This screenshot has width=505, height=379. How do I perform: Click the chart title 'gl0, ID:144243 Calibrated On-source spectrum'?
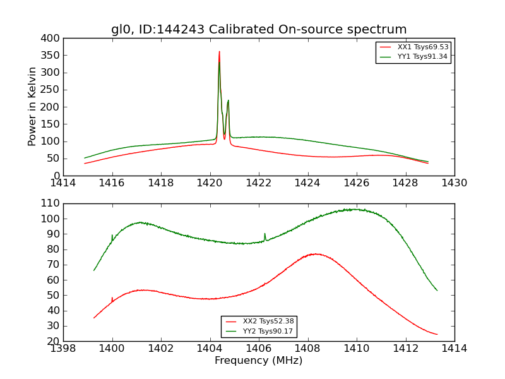(259, 30)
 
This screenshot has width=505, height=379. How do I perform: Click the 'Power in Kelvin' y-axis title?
(32, 107)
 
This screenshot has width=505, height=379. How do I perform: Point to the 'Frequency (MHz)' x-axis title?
(259, 361)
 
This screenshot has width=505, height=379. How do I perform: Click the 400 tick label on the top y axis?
(50, 38)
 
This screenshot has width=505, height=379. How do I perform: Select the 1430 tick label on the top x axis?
(454, 183)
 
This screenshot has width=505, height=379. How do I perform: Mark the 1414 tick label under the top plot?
(63, 183)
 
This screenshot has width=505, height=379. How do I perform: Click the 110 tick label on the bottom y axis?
(50, 203)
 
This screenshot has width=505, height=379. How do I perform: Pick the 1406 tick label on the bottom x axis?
(259, 349)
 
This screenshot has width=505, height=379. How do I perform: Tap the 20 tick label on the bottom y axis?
(53, 341)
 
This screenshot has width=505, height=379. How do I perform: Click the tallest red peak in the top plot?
(219, 52)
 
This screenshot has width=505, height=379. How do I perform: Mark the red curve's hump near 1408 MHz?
(315, 254)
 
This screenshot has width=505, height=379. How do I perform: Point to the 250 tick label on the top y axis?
(50, 90)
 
